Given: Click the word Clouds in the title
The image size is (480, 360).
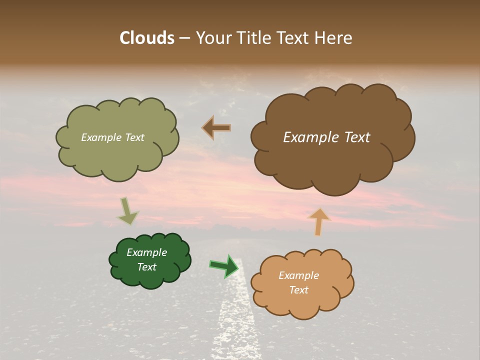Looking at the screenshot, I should coord(146,38).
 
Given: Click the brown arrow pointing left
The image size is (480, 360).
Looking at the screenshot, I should coord(216,128).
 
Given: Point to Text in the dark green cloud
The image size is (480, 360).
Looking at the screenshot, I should coord(147,267).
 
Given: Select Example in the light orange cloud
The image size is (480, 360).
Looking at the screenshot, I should coord(298,275).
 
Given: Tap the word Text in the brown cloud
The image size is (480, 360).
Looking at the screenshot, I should coord(356,137).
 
